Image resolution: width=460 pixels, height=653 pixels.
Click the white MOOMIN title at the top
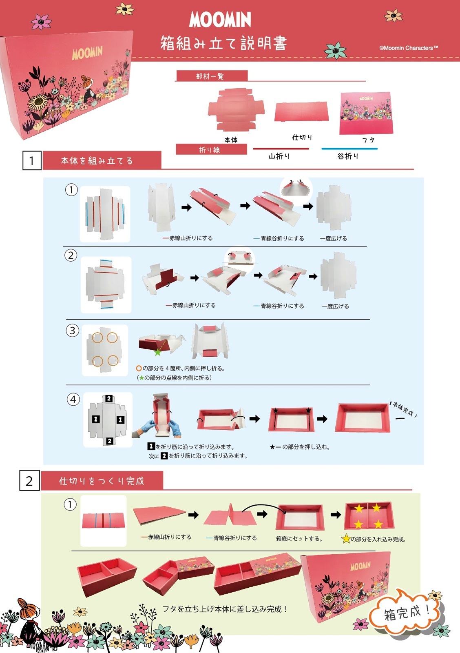click(220, 20)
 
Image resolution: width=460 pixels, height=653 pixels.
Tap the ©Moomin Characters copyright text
click(408, 48)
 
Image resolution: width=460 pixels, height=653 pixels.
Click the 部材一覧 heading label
click(210, 76)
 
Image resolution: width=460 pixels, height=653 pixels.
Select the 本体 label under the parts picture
click(231, 140)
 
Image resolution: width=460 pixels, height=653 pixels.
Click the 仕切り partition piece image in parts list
click(301, 111)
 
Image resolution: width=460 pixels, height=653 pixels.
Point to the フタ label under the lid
click(368, 140)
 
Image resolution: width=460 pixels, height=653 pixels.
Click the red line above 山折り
click(281, 149)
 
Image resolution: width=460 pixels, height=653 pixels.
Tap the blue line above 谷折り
click(349, 149)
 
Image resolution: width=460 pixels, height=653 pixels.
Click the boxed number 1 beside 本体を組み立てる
click(32, 160)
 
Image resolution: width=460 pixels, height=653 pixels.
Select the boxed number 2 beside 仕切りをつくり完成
click(29, 480)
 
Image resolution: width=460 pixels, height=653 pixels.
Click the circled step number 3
click(72, 330)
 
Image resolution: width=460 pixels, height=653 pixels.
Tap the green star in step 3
click(157, 352)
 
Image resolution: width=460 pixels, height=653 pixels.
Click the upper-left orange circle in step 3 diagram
click(97, 338)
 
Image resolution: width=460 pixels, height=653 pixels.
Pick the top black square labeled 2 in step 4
click(109, 398)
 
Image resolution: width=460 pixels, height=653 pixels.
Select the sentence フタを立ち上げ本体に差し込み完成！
click(225, 609)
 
